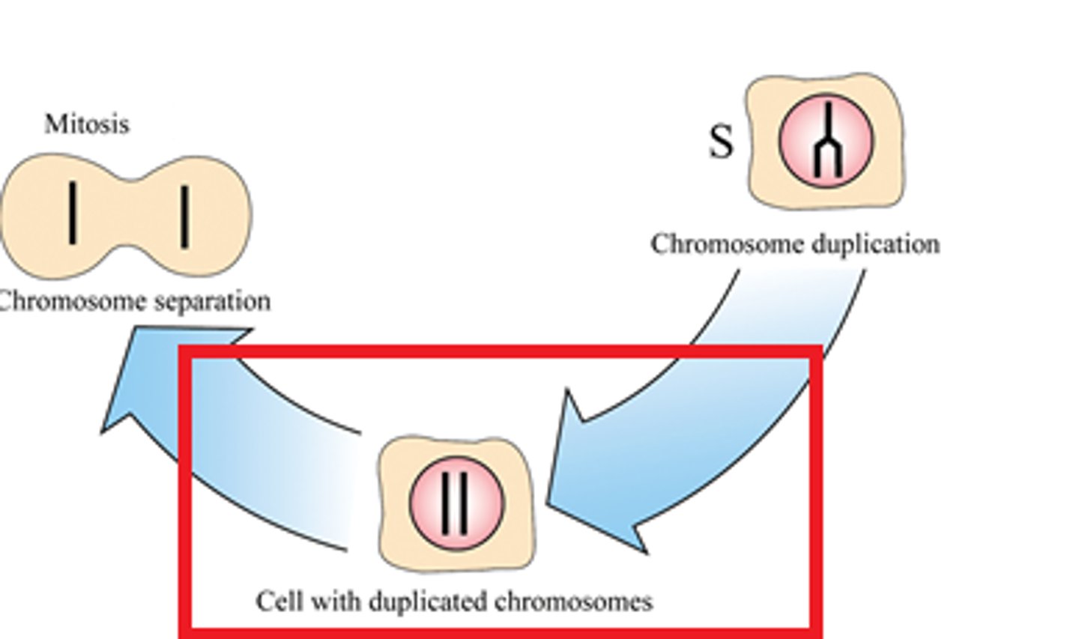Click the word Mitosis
[86, 124]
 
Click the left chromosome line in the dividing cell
[72, 213]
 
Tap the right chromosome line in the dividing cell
[184, 217]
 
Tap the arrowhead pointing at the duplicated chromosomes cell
[592, 479]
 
